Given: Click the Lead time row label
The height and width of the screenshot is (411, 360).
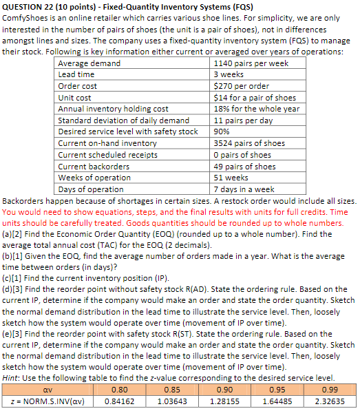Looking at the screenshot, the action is (x=76, y=74).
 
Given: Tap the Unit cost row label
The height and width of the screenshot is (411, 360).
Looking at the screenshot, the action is (x=74, y=98).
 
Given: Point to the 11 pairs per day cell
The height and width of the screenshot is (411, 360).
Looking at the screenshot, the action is (x=244, y=120).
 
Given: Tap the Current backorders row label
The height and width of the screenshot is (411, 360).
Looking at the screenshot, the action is (x=89, y=166).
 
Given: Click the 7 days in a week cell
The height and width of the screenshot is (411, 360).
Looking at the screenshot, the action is (x=244, y=189).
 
